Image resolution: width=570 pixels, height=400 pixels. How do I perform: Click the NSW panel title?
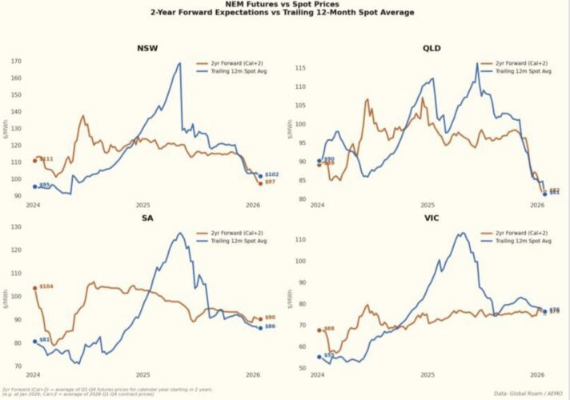(x=147, y=48)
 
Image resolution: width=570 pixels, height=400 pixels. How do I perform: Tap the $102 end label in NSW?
(x=271, y=174)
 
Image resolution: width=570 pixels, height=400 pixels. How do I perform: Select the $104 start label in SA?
(x=46, y=286)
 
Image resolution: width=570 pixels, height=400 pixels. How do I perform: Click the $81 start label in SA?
(x=45, y=340)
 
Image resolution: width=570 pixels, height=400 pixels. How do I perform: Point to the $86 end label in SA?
(x=271, y=326)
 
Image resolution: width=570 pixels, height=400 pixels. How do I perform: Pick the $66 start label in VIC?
(x=329, y=328)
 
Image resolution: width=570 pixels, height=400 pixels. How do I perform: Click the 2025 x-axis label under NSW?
(x=142, y=206)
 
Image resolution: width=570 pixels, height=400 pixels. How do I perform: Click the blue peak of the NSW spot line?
(x=179, y=63)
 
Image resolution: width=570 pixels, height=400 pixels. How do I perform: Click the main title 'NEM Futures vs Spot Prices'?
(x=285, y=5)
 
